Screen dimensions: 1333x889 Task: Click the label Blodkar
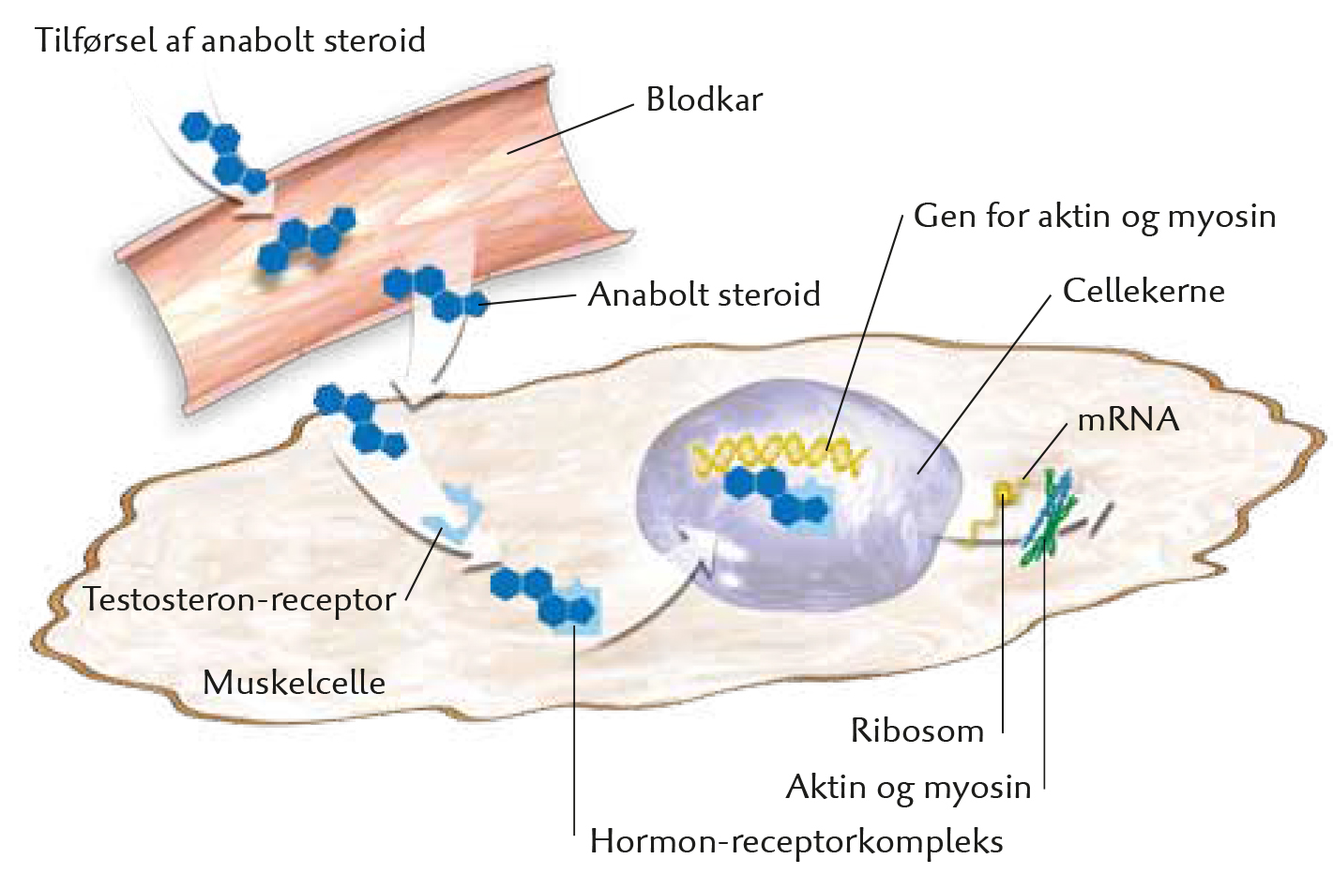point(704,99)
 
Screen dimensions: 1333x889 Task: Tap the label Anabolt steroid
point(704,294)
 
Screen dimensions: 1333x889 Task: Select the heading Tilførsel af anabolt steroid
point(231,40)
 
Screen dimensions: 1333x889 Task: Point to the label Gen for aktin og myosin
point(1095,217)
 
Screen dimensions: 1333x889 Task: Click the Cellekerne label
point(1144,291)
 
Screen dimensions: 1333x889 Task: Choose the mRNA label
point(1129,419)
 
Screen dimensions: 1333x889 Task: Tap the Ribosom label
point(917,731)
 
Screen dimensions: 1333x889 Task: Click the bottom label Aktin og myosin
point(908,788)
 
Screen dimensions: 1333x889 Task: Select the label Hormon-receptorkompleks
point(796,842)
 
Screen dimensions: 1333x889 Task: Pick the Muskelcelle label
point(294,683)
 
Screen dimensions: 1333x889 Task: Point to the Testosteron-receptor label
point(239,599)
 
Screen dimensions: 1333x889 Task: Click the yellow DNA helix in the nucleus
point(779,455)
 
